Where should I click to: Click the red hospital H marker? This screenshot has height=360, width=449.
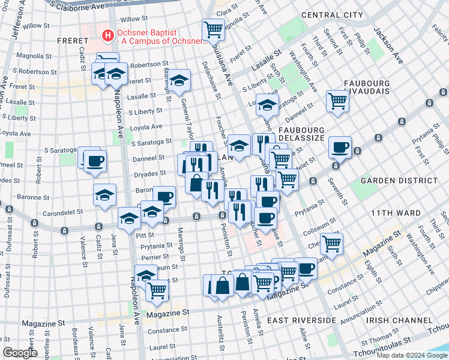[107, 36]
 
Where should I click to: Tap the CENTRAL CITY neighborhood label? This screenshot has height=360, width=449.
[332, 14]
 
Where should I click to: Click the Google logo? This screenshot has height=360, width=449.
[20, 353]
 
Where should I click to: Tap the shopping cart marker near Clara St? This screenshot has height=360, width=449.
[213, 28]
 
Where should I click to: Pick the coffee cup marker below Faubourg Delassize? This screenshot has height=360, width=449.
[340, 146]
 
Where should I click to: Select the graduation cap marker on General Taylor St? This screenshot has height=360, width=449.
[178, 80]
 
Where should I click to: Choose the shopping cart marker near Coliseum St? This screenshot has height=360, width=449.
[331, 242]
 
